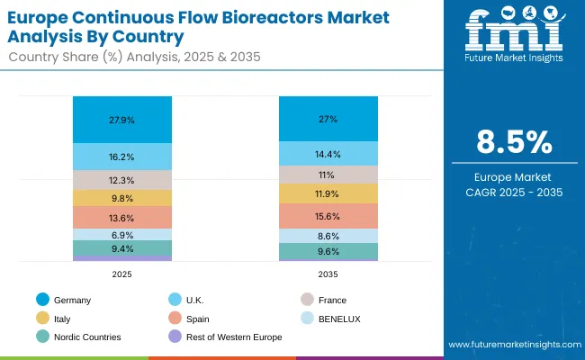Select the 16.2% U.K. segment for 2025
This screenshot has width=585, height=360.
tap(122, 156)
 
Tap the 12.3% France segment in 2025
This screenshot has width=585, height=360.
tap(122, 180)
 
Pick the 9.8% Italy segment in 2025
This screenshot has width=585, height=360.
tap(122, 199)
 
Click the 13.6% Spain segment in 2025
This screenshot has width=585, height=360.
tap(122, 218)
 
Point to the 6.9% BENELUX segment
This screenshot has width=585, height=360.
tap(122, 234)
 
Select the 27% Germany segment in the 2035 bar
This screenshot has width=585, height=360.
tap(327, 118)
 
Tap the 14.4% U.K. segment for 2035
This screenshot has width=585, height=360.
tap(327, 154)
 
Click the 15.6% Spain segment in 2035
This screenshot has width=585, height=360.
tap(327, 216)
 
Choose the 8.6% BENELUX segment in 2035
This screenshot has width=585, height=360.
tap(327, 235)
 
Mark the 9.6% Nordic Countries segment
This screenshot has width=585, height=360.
tap(327, 251)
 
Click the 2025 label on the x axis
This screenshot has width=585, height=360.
tap(122, 274)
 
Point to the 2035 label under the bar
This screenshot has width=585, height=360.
tap(327, 274)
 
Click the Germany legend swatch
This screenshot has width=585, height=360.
tap(42, 300)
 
